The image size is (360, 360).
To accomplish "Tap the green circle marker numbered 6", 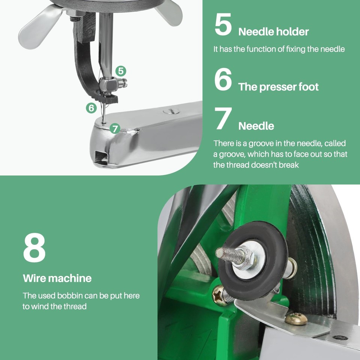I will pos(91,108).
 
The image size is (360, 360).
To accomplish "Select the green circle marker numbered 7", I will pos(115,129).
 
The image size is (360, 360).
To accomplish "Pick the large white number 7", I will pos(223,119).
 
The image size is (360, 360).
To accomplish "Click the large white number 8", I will pos(34,248).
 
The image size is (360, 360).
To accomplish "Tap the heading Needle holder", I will pos(273,32).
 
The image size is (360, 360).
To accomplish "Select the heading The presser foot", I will pos(278,87).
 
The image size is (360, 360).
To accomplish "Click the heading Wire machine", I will pos(57,278).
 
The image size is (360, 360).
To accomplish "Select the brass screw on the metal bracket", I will pos(296,319).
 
